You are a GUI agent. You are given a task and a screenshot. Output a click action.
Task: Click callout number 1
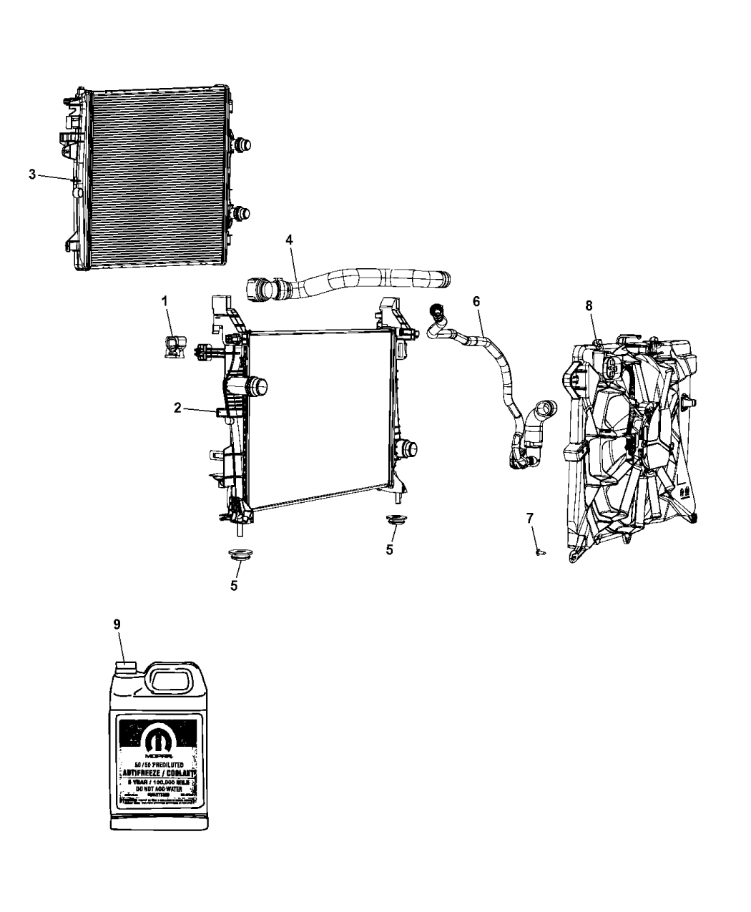click(165, 301)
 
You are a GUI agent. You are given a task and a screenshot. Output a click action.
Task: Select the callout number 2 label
click(177, 408)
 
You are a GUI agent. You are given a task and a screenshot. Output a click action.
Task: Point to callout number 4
click(289, 240)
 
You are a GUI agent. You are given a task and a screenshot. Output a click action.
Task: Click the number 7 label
click(530, 517)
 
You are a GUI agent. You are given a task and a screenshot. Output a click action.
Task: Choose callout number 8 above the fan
click(589, 305)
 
